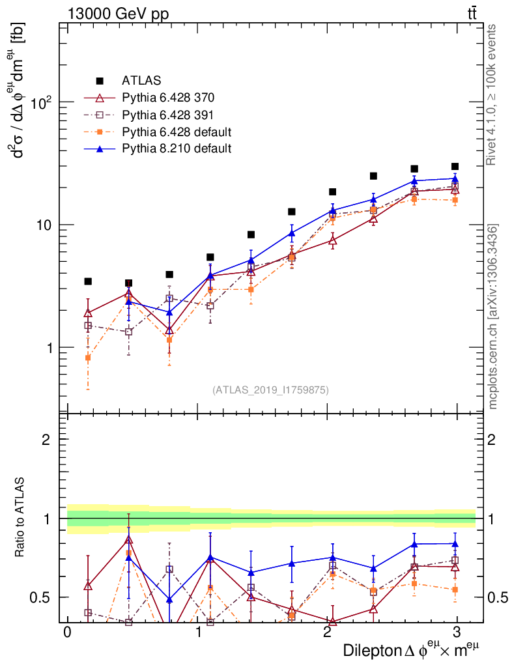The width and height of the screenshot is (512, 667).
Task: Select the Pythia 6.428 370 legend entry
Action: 168,98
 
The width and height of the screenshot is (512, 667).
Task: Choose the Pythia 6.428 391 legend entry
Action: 168,115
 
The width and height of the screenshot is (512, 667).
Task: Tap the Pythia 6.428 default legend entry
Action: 176,132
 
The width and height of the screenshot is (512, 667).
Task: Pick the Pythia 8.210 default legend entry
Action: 176,149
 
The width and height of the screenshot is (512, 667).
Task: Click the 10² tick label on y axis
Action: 41,102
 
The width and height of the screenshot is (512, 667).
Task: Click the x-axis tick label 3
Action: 457,632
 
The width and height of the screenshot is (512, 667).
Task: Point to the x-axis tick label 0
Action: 67,632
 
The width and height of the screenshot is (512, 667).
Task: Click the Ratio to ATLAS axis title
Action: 21,518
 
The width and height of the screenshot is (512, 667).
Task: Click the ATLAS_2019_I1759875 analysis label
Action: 270,390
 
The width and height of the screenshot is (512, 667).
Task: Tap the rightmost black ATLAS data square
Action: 455,167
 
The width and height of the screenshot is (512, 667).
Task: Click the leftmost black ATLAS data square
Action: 88,281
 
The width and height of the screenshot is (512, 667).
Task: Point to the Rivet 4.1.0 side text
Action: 492,94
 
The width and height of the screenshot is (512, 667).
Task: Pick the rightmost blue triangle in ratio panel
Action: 455,543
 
